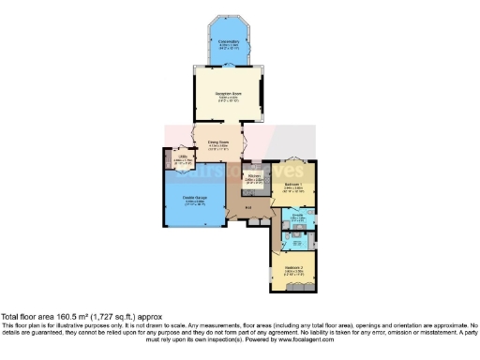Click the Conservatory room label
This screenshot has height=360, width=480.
pyautogui.click(x=229, y=42)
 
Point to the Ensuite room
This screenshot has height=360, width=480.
pyautogui.click(x=297, y=217)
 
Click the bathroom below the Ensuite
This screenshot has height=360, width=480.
pyautogui.click(x=296, y=240)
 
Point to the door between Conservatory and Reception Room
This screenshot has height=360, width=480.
pyautogui.click(x=229, y=67)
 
